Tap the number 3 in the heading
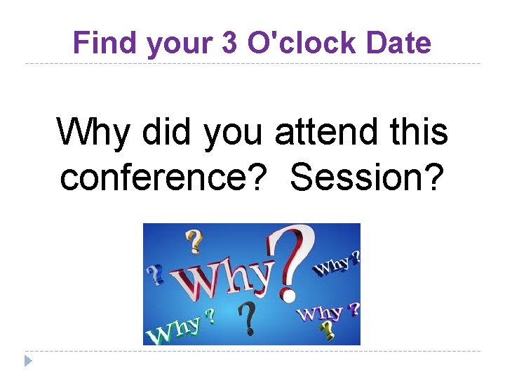229,44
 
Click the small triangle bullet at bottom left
28,361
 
